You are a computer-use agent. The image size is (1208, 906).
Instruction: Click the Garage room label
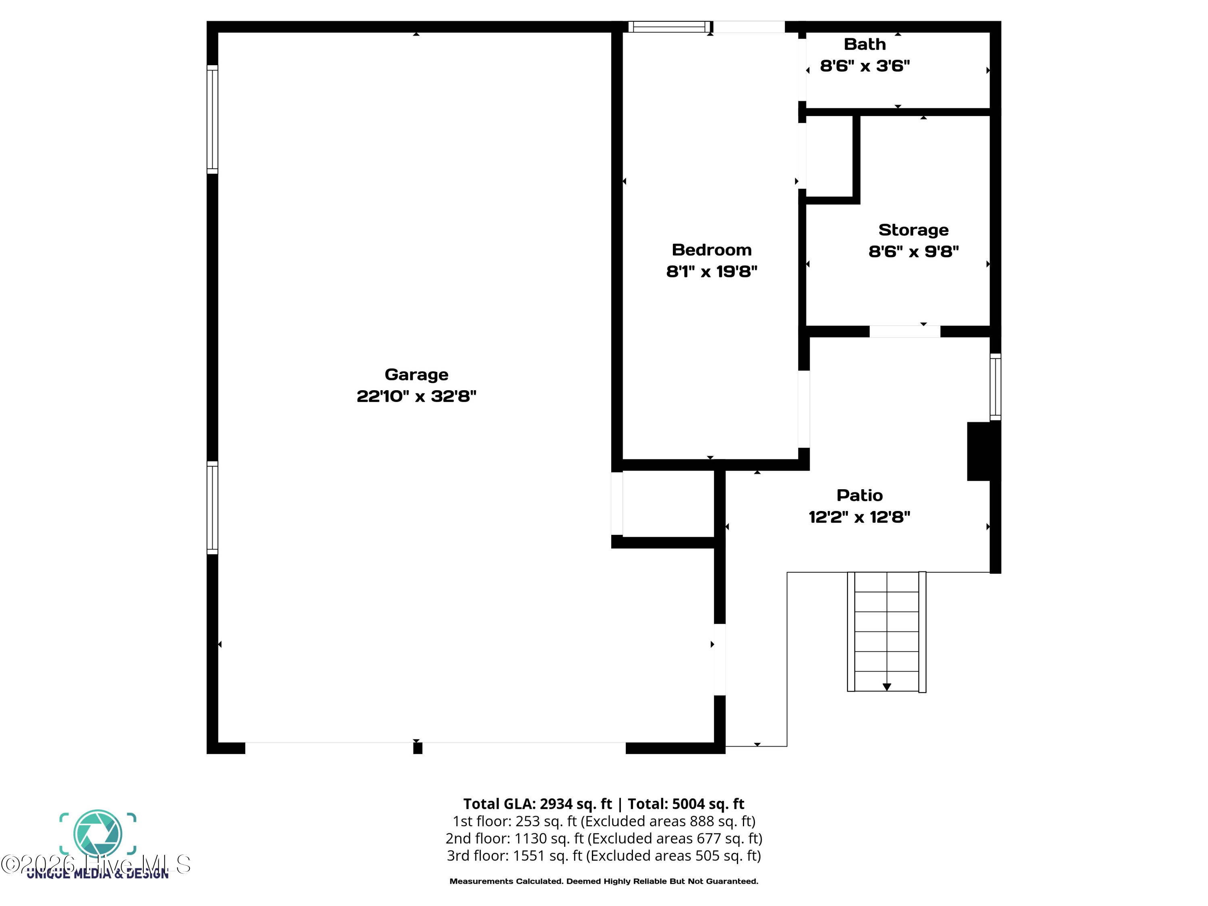pyautogui.click(x=416, y=374)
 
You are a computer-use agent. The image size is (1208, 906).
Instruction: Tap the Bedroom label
pyautogui.click(x=712, y=250)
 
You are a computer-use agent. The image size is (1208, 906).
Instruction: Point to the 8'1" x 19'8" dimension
pyautogui.click(x=712, y=271)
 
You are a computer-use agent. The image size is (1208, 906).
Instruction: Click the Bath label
pyautogui.click(x=865, y=44)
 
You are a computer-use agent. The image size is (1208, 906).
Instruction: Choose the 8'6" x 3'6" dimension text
pyautogui.click(x=865, y=66)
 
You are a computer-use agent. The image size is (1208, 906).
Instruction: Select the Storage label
pyautogui.click(x=913, y=230)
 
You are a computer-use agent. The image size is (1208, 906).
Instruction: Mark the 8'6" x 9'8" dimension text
pyautogui.click(x=913, y=252)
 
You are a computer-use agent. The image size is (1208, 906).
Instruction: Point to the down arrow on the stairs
pyautogui.click(x=886, y=687)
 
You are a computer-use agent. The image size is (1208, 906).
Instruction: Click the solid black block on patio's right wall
pyautogui.click(x=983, y=451)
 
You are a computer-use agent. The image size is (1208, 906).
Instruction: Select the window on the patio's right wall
pyautogui.click(x=995, y=387)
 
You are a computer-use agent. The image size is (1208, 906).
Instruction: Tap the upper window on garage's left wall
pyautogui.click(x=213, y=119)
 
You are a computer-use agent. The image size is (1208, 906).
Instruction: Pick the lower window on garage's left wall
pyautogui.click(x=213, y=507)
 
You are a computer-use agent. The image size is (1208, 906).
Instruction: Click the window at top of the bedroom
pyautogui.click(x=670, y=27)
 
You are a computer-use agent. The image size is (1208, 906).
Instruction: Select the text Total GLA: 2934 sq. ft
pyautogui.click(x=538, y=804)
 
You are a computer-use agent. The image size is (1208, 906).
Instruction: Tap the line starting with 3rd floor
pyautogui.click(x=604, y=856)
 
